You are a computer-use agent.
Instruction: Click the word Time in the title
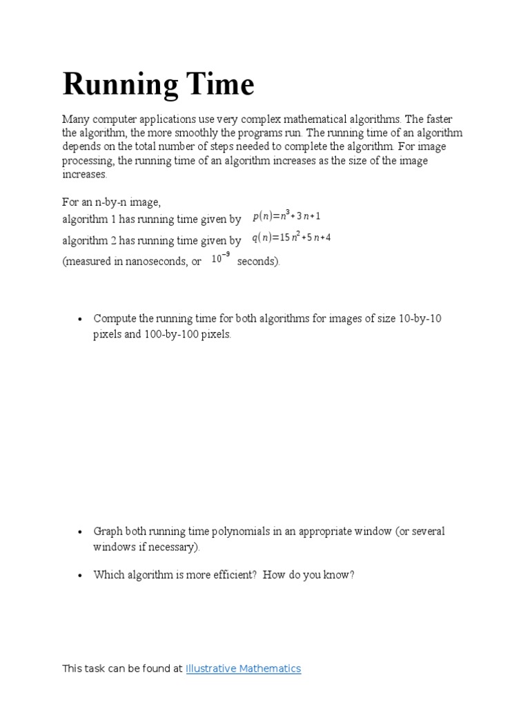coord(220,85)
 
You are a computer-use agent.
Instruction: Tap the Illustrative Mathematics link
coord(243,668)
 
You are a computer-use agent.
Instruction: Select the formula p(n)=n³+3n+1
coord(286,216)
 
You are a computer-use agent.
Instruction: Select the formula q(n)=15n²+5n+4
coord(291,238)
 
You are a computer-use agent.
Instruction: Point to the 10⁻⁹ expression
coord(221,259)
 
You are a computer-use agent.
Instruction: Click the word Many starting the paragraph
coord(75,119)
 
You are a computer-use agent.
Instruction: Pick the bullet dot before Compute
coord(81,319)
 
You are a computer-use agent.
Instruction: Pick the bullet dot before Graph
coord(81,532)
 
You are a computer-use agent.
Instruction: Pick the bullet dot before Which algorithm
coord(81,574)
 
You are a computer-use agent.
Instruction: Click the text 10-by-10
coord(420,319)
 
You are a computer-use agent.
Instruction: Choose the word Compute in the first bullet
coord(115,319)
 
